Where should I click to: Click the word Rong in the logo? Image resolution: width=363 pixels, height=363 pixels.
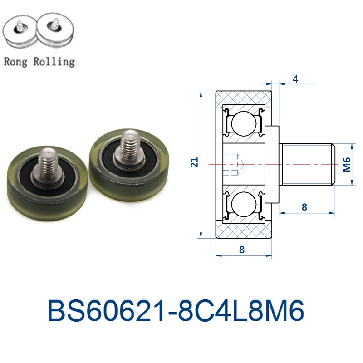point(15,62)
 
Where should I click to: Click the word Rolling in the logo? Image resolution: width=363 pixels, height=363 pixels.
point(54,62)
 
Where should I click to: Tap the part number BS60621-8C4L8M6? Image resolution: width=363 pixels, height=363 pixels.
point(176,310)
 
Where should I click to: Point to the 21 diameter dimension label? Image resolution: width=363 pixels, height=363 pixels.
point(195,162)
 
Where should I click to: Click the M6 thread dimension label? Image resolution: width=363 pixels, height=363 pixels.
point(347,165)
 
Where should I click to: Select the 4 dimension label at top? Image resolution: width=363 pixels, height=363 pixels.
point(295,79)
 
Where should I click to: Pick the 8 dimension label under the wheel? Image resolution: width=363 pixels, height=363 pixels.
point(242,250)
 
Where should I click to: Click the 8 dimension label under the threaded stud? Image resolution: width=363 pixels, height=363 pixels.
point(304,207)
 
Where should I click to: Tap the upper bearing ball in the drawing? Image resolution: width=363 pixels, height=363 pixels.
point(244,123)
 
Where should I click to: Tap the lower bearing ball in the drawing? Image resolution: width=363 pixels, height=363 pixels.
point(244,204)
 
